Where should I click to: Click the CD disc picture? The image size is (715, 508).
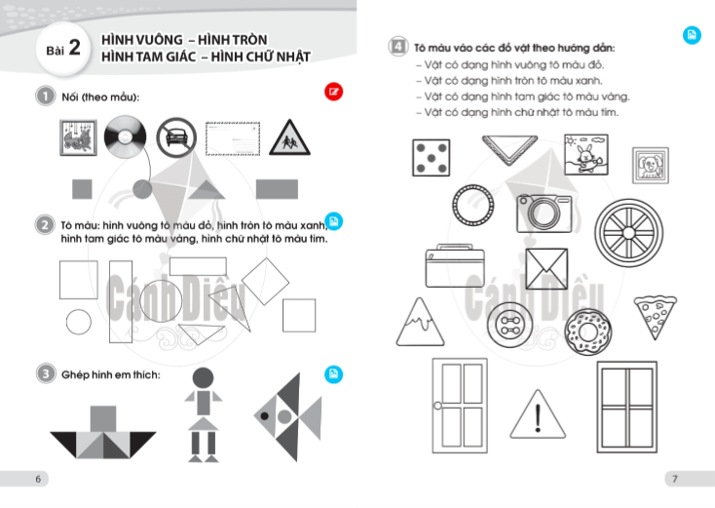click(x=126, y=137)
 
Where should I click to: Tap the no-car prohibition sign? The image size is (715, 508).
click(x=176, y=137)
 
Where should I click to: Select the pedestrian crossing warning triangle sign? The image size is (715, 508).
click(x=289, y=137)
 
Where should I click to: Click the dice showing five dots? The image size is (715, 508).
click(x=431, y=158)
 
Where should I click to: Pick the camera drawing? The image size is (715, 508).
click(x=544, y=214)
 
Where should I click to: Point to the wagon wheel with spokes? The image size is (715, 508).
click(x=628, y=233)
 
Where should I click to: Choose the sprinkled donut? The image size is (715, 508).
click(x=587, y=332)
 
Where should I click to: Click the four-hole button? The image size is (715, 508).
click(x=509, y=325)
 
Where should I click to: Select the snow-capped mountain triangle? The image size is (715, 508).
click(x=420, y=322)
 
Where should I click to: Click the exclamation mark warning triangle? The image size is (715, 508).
click(x=538, y=414)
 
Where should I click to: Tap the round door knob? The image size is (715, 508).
click(x=437, y=406)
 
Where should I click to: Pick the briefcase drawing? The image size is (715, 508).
click(x=455, y=265)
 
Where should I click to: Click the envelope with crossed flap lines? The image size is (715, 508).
click(x=546, y=269)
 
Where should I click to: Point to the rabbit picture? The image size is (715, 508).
click(x=586, y=155)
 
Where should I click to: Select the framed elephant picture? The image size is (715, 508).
click(x=651, y=165)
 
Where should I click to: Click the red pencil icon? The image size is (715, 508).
click(x=334, y=92)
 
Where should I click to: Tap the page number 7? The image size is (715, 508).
click(x=675, y=479)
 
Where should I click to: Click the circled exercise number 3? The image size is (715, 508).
click(x=46, y=373)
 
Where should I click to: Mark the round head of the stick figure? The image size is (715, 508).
click(x=203, y=378)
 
